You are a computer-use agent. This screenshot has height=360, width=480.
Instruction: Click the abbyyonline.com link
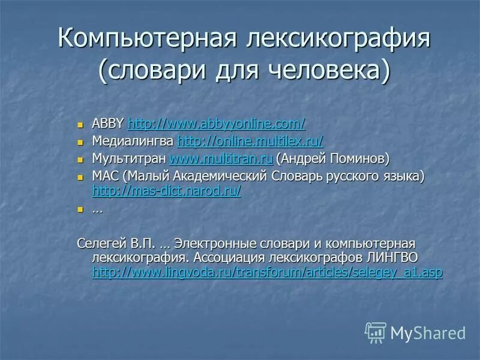(x=217, y=124)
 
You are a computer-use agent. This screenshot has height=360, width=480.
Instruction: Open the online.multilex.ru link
(x=251, y=141)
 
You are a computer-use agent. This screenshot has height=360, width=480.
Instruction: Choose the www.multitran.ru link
(x=221, y=158)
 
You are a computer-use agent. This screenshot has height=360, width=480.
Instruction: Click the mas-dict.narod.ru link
(x=167, y=191)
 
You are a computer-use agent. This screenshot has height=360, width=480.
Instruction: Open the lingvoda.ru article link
(x=267, y=272)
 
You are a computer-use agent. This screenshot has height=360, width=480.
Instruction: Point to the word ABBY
(x=108, y=124)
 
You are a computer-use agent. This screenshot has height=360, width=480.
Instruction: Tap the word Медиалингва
(x=133, y=141)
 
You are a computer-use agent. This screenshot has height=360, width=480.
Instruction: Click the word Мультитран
(x=129, y=158)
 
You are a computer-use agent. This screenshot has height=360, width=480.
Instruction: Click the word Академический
(x=211, y=176)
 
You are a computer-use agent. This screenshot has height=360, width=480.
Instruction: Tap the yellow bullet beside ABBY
(x=82, y=125)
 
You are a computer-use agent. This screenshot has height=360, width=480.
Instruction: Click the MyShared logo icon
(x=376, y=332)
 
